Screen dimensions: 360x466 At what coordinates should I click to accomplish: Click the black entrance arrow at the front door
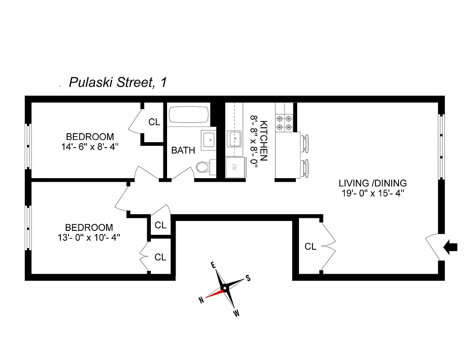click(451, 247)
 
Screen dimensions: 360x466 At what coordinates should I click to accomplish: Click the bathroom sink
click(208, 139)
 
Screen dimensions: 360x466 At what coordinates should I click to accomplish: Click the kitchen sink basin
click(234, 139)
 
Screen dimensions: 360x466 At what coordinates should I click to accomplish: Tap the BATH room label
click(183, 150)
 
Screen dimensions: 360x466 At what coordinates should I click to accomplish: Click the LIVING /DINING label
click(372, 183)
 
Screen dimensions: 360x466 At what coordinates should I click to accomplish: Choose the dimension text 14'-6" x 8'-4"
click(90, 147)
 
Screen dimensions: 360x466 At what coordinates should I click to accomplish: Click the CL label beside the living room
click(311, 247)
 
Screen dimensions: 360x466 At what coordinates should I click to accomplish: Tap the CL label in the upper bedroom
click(154, 122)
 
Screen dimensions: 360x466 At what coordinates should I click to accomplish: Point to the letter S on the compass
click(247, 278)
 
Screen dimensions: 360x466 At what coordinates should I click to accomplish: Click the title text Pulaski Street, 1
click(118, 83)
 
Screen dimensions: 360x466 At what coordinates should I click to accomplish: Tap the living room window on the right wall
click(442, 147)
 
